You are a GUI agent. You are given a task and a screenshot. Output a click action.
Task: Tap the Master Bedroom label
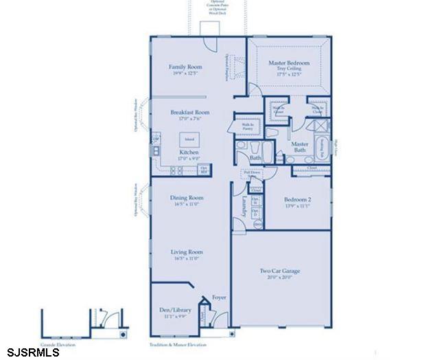289,63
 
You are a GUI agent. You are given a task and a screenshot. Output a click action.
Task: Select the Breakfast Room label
190,112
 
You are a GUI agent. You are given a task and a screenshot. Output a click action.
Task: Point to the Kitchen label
189,152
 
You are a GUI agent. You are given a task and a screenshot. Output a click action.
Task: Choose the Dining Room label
187,198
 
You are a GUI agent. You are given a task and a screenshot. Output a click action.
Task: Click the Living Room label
187,252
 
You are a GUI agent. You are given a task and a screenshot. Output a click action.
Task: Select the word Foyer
220,299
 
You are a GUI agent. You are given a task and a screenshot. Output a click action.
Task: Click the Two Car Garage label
279,271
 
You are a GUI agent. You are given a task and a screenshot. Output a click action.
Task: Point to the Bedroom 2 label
299,199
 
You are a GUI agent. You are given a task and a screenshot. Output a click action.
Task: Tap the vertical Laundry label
244,206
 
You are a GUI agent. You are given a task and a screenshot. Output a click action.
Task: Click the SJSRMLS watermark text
30,352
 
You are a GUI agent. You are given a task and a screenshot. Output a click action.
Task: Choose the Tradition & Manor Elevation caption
176,344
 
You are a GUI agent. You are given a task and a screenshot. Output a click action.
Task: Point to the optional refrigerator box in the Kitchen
203,168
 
